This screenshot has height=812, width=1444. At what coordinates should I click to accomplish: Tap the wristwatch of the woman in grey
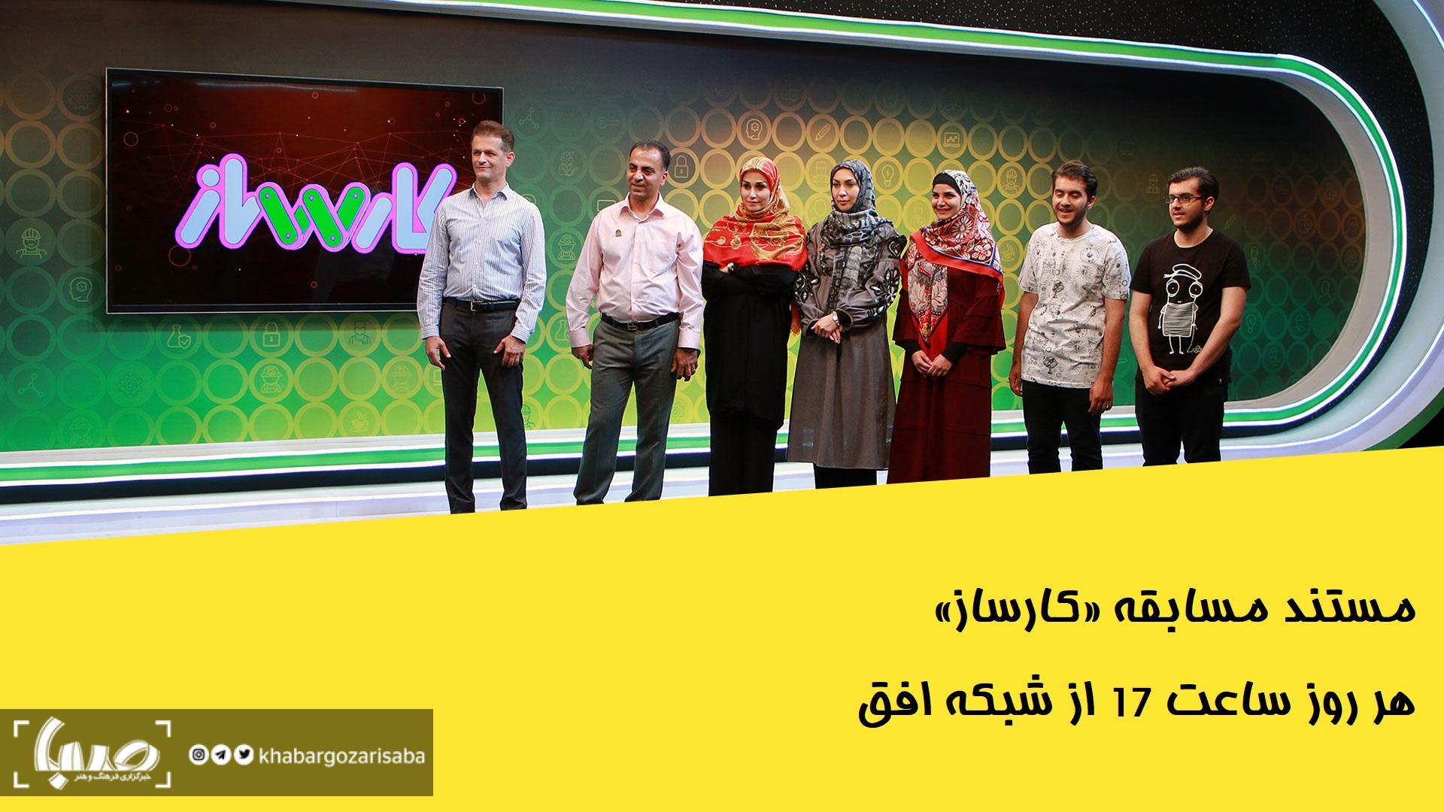(835, 318)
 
